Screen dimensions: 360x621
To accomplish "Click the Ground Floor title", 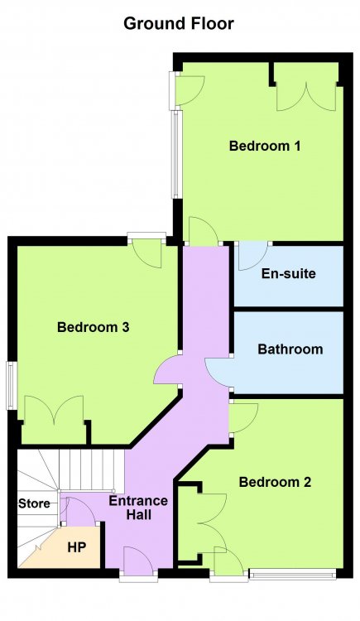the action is pos(179,24).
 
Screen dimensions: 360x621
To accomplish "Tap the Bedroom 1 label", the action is pos(265,146).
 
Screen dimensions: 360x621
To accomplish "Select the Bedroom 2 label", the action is pos(275,482).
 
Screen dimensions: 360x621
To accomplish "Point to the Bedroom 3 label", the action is pos(93,327).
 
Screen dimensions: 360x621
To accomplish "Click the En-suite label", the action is pos(288,274).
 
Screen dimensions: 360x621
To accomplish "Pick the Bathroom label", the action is pos(290,349).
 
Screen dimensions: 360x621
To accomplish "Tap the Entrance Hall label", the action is pos(138,508).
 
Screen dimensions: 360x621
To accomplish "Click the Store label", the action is pos(34,503).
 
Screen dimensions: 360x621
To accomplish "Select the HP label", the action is pos(77,547).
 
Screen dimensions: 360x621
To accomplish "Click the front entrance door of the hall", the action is pos(138,560).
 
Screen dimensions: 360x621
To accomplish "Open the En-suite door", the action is pos(253,256).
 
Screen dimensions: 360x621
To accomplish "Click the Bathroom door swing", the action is pos(218,372).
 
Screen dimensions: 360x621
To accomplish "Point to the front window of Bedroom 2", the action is pos(293,574).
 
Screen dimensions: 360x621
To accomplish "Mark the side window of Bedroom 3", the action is pos(12,385).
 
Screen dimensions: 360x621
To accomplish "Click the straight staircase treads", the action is pos(92,470).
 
